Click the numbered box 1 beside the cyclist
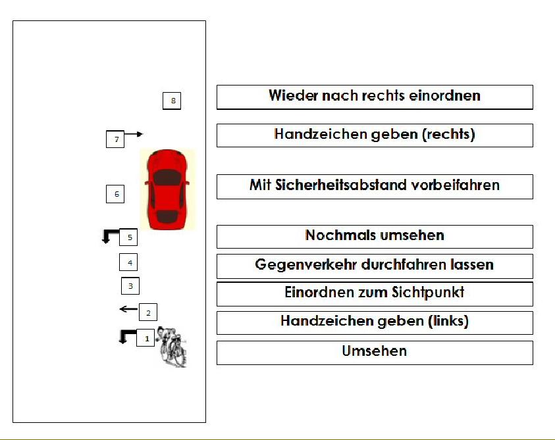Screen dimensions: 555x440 [x=145, y=338]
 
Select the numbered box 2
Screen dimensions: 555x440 [x=148, y=312]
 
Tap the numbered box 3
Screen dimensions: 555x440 [x=130, y=286]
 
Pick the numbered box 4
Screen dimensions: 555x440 [x=128, y=262]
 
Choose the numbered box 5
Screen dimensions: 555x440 [x=128, y=237]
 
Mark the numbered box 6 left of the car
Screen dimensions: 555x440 [x=115, y=194]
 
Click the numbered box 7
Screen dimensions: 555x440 [x=115, y=139]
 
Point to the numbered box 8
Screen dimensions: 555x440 [x=172, y=101]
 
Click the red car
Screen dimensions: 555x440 [x=167, y=189]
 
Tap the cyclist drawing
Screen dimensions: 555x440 [x=172, y=347]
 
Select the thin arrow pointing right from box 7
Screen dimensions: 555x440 [x=134, y=134]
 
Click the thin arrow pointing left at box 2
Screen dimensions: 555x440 [x=129, y=309]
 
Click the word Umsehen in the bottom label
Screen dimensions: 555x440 [x=375, y=351]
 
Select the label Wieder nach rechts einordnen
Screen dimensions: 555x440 [x=375, y=95]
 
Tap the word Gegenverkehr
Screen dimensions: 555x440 [x=305, y=264]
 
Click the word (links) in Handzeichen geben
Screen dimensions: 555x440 [x=448, y=321]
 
